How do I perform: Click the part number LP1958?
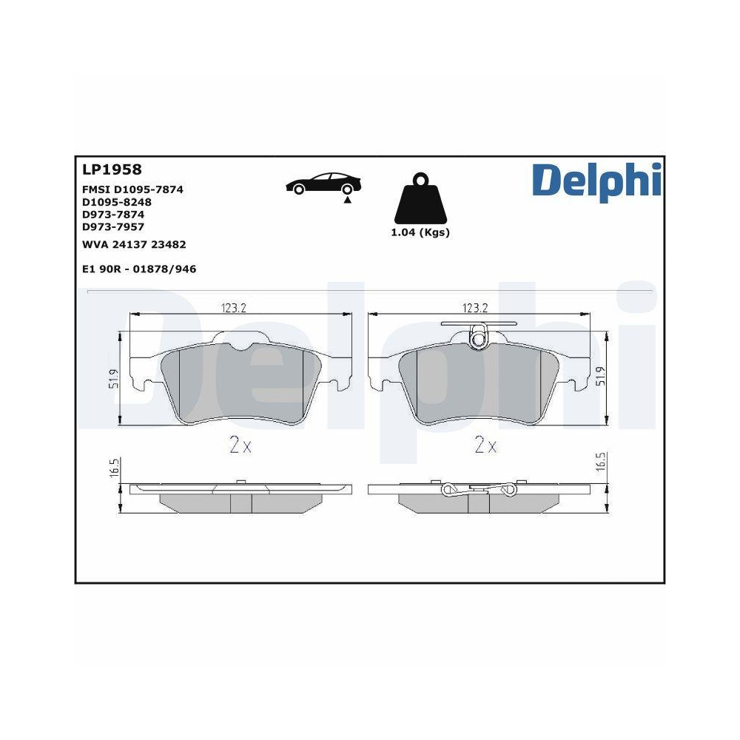point(112,169)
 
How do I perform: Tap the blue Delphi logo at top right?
point(596,181)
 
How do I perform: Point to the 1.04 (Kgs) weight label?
point(420,232)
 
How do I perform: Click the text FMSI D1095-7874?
point(132,189)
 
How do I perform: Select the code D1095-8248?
point(116,202)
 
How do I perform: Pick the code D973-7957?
point(112,227)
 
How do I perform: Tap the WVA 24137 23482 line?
point(133,243)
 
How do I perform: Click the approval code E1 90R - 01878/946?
point(139,269)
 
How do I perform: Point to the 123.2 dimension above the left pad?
point(234,308)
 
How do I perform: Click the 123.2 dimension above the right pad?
point(474,308)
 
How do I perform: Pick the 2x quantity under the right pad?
point(485,445)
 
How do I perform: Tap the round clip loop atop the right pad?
point(479,340)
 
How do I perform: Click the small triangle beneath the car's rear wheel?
point(346,201)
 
